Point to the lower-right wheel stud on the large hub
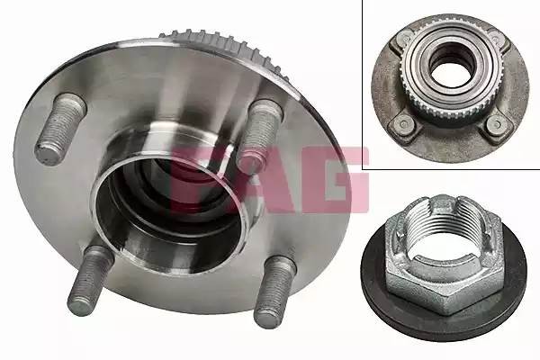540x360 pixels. (x=275, y=291)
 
